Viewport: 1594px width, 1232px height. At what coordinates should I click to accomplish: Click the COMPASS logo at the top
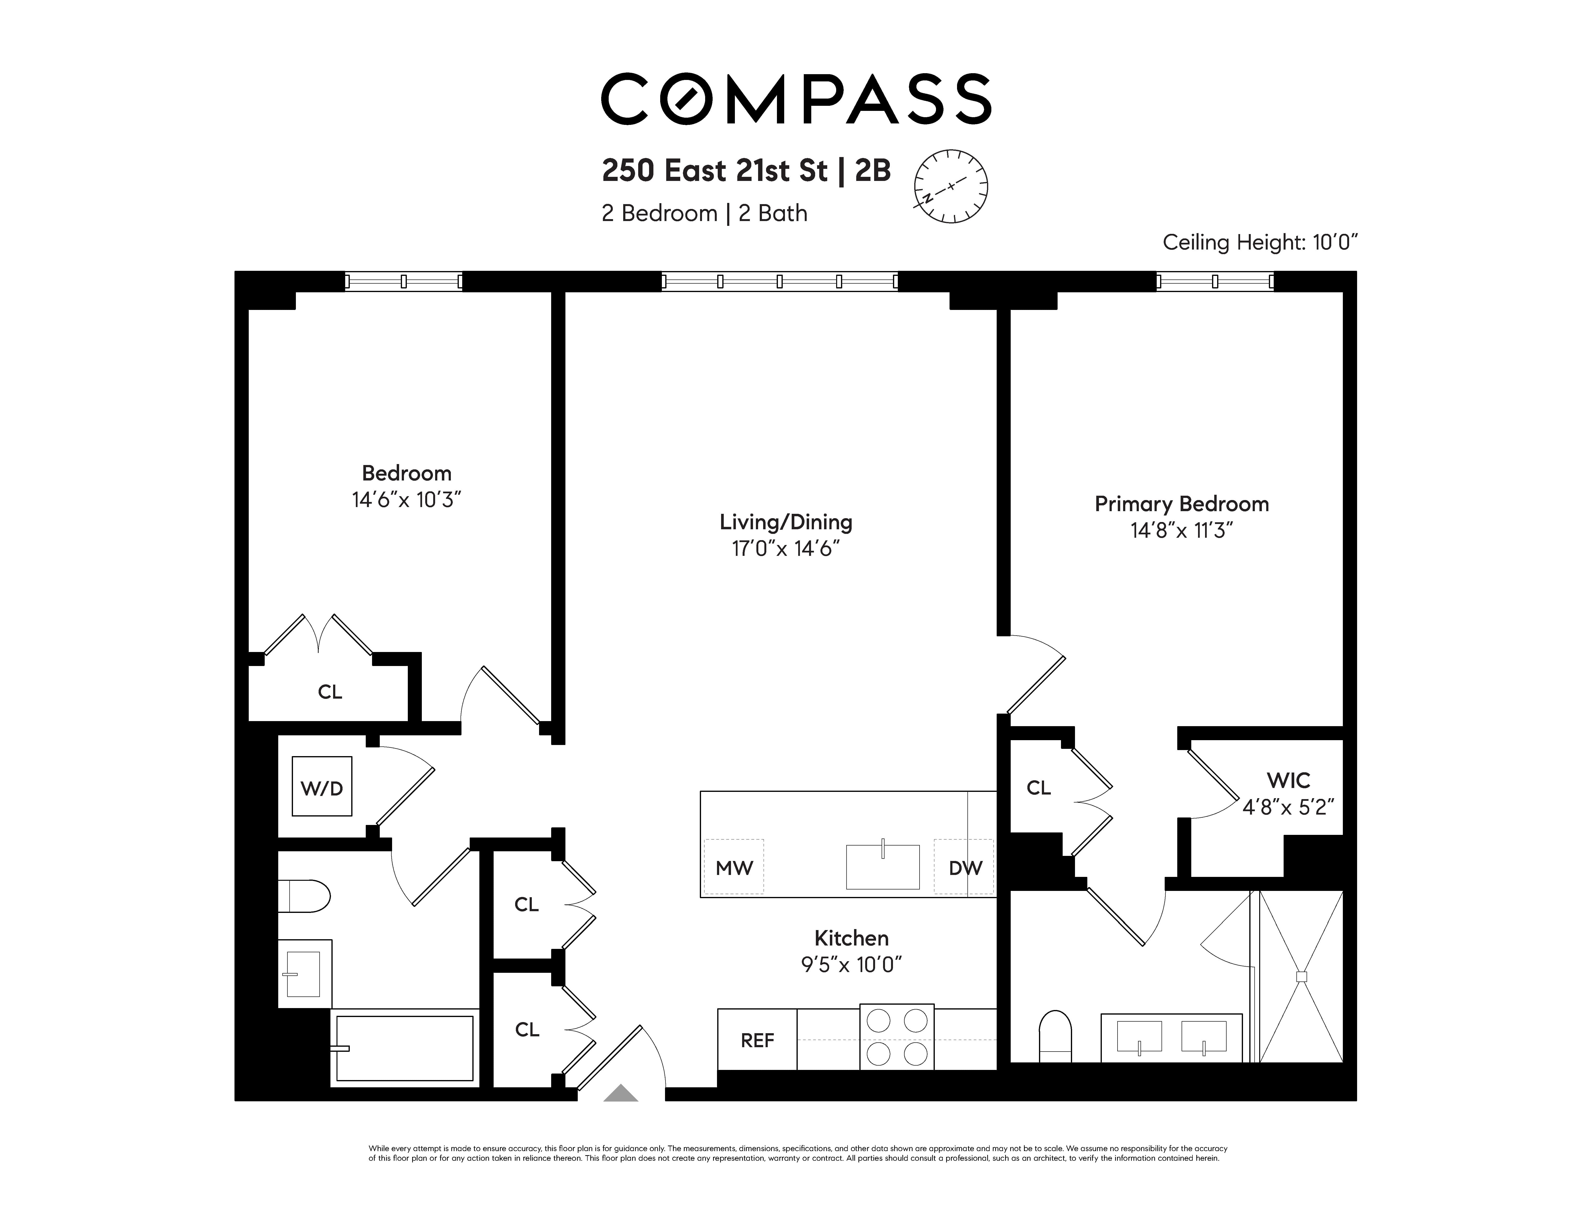tap(796, 99)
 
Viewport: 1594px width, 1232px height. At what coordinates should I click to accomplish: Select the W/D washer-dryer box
tap(322, 786)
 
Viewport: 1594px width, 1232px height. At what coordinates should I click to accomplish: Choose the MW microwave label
tap(734, 867)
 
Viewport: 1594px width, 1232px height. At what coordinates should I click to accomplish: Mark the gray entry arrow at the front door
tap(621, 1093)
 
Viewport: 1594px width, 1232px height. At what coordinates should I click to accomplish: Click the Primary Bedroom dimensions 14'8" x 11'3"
tap(1182, 530)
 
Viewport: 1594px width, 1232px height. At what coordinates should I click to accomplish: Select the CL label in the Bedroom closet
tap(330, 692)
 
